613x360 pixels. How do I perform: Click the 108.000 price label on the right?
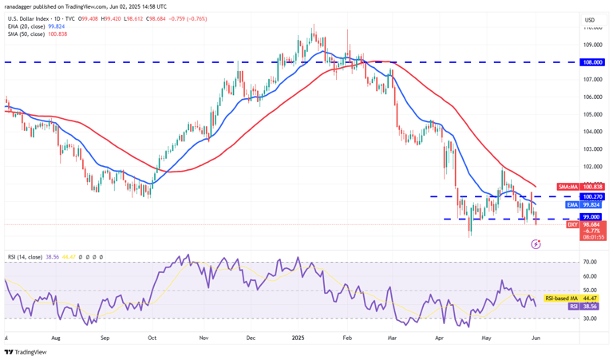pos(591,61)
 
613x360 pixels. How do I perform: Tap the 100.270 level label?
pos(591,196)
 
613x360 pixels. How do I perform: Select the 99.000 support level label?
pos(591,218)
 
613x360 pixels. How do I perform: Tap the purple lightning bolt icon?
pos(536,244)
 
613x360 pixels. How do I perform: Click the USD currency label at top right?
pos(590,20)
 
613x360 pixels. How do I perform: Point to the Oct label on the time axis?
pos(152,338)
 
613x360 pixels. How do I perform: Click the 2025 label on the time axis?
pos(296,338)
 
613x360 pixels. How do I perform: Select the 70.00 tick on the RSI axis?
pos(591,262)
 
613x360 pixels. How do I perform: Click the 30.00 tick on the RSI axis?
pos(591,318)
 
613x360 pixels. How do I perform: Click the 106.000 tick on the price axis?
pos(591,97)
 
